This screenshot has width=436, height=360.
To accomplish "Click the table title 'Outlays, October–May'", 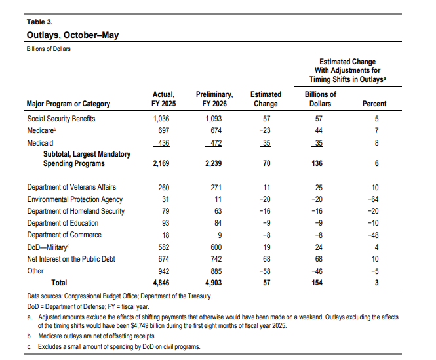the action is (x=73, y=35).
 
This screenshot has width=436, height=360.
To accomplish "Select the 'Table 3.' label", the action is (x=39, y=22).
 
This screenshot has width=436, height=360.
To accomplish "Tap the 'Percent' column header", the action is (x=374, y=104).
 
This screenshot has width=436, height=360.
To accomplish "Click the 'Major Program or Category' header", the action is (x=68, y=104).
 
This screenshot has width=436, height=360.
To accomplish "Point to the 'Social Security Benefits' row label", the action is (x=61, y=119).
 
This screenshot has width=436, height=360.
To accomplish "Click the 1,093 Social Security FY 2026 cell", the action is (x=214, y=119).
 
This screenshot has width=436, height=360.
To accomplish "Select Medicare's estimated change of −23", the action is (x=265, y=130).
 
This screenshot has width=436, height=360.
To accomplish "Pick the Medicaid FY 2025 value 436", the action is (x=163, y=143).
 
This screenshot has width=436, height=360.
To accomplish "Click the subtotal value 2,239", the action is (x=214, y=163).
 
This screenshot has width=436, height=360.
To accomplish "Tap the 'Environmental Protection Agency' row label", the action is (x=75, y=199).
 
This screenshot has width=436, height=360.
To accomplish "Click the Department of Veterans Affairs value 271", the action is (x=216, y=188).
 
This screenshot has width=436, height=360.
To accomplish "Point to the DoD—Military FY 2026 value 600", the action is (x=216, y=247).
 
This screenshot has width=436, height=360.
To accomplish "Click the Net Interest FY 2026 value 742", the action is (x=216, y=259).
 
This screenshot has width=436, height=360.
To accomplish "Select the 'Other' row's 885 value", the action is (x=216, y=271).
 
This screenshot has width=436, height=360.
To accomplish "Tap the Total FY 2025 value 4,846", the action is (x=161, y=283).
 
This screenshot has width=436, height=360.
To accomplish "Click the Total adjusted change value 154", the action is (x=317, y=283).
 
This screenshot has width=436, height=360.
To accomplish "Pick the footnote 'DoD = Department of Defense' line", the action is (x=88, y=307).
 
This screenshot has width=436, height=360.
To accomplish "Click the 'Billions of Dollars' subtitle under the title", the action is (x=49, y=49).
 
